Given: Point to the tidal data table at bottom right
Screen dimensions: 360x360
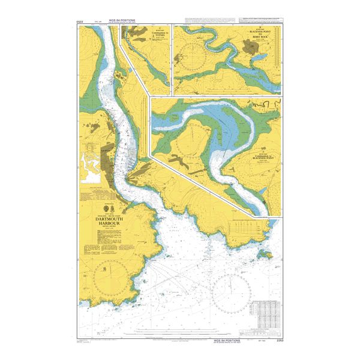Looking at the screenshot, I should (264, 311).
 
